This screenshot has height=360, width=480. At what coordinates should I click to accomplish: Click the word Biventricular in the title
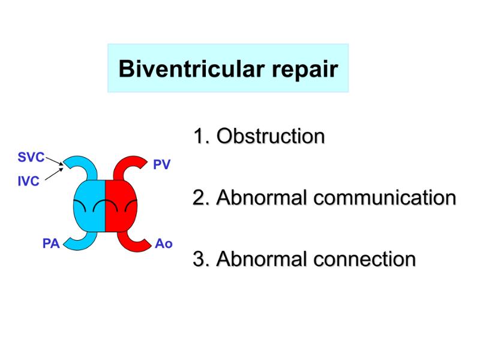point(191,69)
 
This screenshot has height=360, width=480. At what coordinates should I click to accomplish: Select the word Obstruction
point(271,136)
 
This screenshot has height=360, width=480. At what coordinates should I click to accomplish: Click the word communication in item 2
point(385,197)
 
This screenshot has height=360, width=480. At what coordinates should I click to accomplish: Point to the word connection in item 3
point(365,259)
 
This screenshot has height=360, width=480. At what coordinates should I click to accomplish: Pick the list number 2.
point(202,197)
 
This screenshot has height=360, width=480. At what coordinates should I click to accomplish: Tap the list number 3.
point(202,259)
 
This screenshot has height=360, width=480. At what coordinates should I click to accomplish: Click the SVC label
point(31,157)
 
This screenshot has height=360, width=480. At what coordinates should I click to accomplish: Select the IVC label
point(28,181)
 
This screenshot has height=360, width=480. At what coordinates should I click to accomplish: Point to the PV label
point(161,164)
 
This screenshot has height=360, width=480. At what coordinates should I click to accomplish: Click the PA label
point(51,244)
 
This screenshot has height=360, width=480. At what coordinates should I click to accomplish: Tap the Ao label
point(164,244)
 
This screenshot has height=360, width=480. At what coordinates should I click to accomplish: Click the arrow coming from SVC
point(55,161)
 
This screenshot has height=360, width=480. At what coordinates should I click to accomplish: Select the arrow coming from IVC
point(54,174)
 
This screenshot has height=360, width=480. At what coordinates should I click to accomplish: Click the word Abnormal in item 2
point(262,197)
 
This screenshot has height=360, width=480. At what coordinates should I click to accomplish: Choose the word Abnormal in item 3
point(262,259)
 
